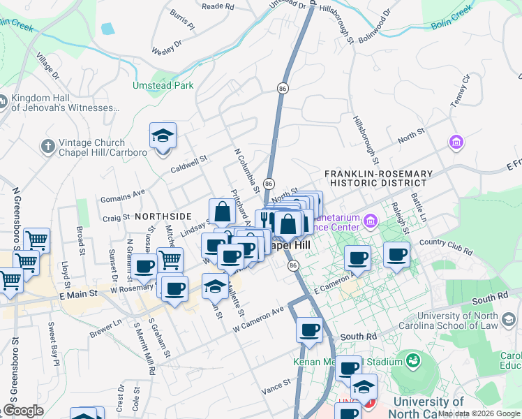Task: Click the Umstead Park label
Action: point(163,86)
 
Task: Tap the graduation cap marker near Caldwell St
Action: point(163,135)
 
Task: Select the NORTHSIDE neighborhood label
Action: point(163,217)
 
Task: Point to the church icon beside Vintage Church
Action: point(48,146)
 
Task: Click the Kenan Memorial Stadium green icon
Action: point(413,361)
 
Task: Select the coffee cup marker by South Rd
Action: point(308,330)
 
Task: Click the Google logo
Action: point(22,411)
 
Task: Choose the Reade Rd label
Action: point(217,6)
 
